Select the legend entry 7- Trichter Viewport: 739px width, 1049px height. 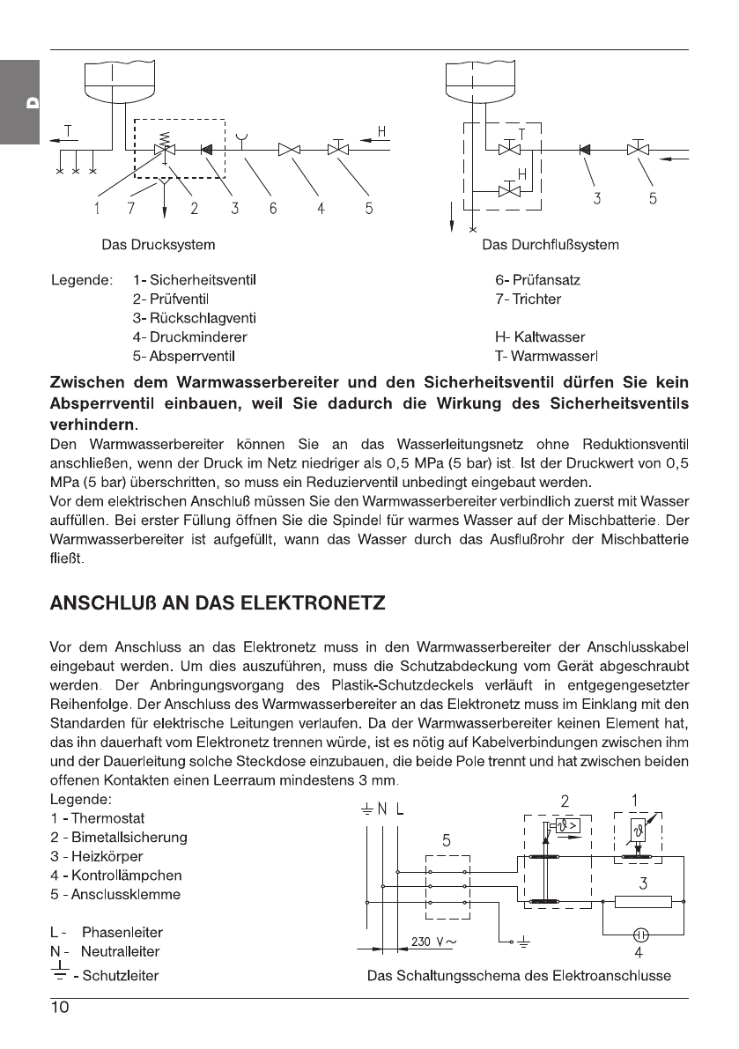tap(528, 299)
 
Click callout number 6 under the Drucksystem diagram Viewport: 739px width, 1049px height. tap(273, 209)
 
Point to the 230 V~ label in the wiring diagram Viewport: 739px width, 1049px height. tap(432, 942)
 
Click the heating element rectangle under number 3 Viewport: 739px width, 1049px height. tap(642, 901)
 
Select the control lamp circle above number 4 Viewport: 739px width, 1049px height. tap(642, 934)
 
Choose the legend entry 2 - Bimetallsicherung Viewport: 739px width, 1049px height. tap(118, 837)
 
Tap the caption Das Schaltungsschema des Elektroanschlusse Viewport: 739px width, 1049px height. tap(519, 975)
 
